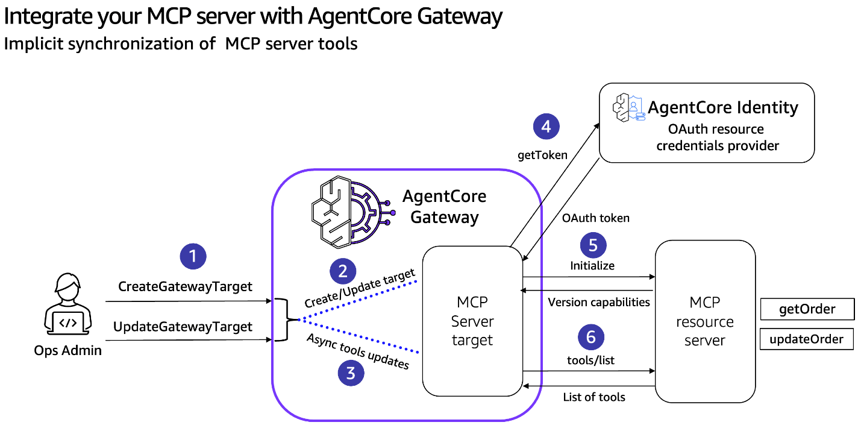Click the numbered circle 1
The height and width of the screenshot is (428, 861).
[193, 256]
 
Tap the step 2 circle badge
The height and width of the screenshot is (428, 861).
[343, 271]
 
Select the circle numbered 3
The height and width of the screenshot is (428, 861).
[351, 373]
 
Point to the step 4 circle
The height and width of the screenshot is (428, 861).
[546, 127]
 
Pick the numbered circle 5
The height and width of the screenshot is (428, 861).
[593, 245]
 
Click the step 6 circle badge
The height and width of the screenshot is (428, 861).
[591, 337]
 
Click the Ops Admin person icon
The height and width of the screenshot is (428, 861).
[67, 304]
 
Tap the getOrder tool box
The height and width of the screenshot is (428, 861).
[807, 309]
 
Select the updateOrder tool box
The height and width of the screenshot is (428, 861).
[806, 339]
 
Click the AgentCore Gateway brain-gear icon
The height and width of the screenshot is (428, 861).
[353, 212]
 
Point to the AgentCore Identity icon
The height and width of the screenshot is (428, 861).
[629, 107]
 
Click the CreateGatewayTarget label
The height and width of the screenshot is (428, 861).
[185, 286]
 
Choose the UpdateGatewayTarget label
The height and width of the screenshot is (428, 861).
[183, 327]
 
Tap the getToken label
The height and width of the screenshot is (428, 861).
[542, 155]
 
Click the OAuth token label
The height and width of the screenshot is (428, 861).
[596, 218]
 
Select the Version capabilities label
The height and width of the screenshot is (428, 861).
[599, 302]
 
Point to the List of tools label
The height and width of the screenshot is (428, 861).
[594, 397]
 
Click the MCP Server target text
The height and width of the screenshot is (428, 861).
[472, 321]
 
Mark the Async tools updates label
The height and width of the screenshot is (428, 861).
[358, 351]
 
